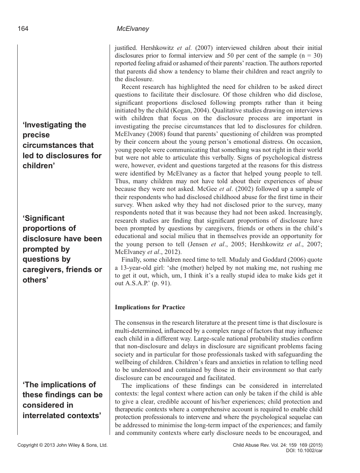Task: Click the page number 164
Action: tap(23, 29)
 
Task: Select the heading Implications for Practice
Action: tap(150, 307)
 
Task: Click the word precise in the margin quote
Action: tap(36, 135)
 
